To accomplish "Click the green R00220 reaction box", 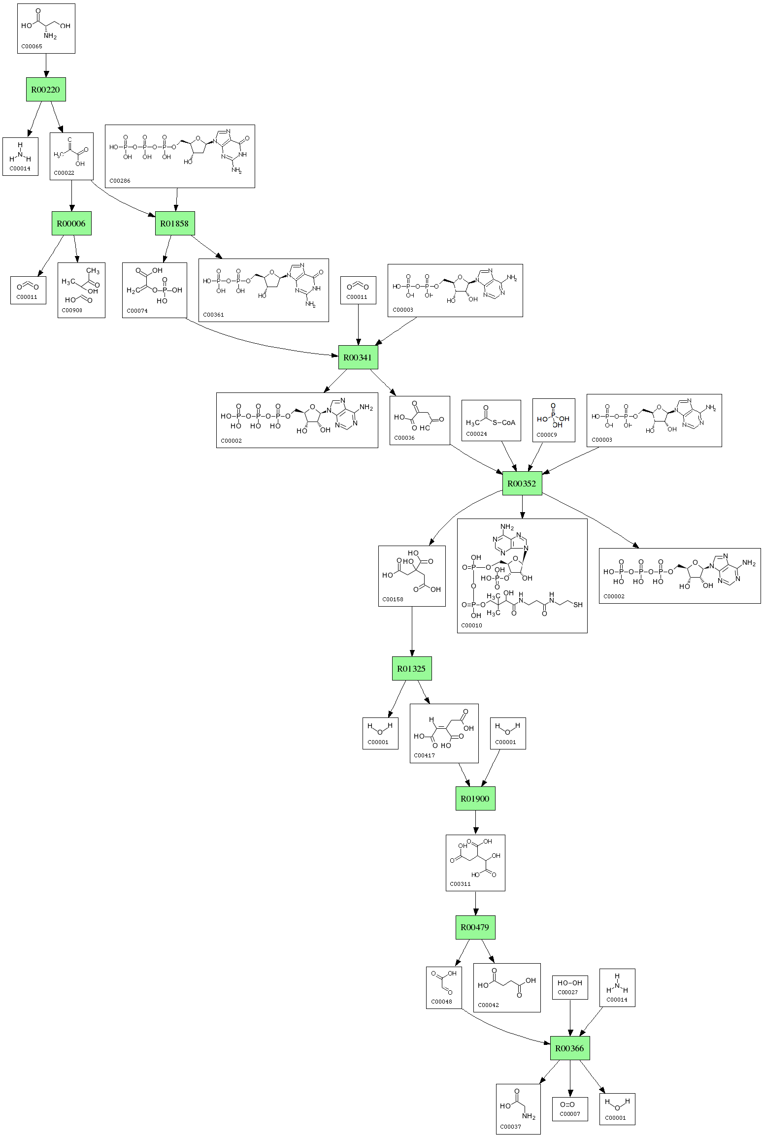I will pos(46,90).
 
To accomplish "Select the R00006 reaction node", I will pos(71,224).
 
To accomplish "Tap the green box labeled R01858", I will pos(175,224).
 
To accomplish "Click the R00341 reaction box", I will pos(358,357).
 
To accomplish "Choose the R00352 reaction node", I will pos(522,484).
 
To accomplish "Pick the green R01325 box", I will pos(412,669).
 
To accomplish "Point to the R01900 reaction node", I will pos(475,799).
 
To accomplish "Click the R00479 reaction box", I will pos(475,928).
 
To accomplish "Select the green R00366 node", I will pos(570,1048).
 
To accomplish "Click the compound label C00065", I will pos(31,47).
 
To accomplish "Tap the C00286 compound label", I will pos(120,181).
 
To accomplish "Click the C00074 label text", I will pos(137,311).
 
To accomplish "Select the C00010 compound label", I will pos(471,625).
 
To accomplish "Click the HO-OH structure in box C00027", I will pos(570,983).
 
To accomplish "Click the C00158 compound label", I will pos(393,600).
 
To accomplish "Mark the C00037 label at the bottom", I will pos(510,1127).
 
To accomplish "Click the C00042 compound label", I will pos(488,1005).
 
